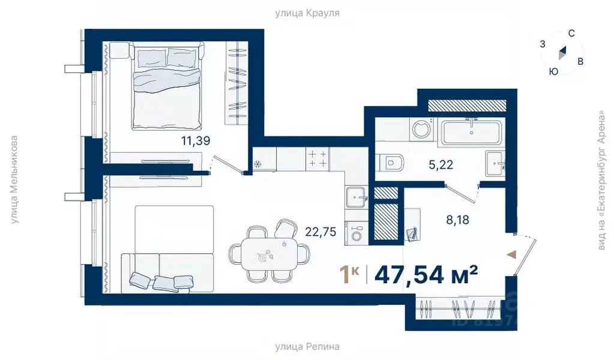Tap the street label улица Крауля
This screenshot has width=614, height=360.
click(x=307, y=12)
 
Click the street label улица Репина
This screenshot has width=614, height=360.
click(x=307, y=347)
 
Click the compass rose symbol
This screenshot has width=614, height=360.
click(x=562, y=54)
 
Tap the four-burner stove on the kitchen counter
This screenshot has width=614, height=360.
click(x=318, y=158)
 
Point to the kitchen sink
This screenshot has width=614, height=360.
click(x=357, y=196)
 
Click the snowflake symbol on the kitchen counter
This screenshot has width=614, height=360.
click(x=258, y=164)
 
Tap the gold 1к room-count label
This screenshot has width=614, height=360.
click(x=350, y=274)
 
